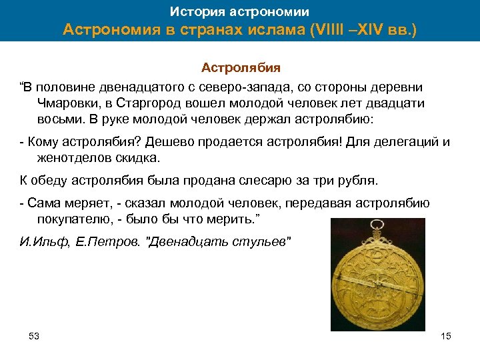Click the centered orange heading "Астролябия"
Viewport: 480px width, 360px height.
pyautogui.click(x=241, y=67)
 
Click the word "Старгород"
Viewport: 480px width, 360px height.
pyautogui.click(x=162, y=103)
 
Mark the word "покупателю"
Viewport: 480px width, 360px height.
pyautogui.click(x=71, y=219)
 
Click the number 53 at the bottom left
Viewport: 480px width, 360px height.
pyautogui.click(x=34, y=336)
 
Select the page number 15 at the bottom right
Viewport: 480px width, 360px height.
pyautogui.click(x=446, y=336)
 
